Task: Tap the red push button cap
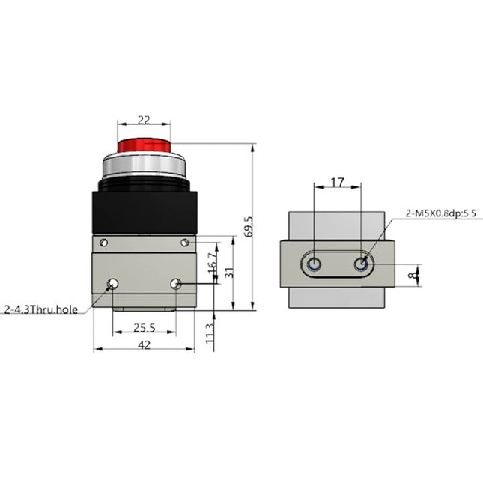click(144, 143)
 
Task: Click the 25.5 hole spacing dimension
click(144, 327)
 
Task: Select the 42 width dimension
click(144, 344)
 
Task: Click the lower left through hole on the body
click(112, 283)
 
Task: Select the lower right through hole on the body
click(177, 283)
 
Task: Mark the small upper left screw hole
click(104, 242)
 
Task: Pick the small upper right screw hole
click(185, 242)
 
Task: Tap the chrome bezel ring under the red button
click(144, 165)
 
